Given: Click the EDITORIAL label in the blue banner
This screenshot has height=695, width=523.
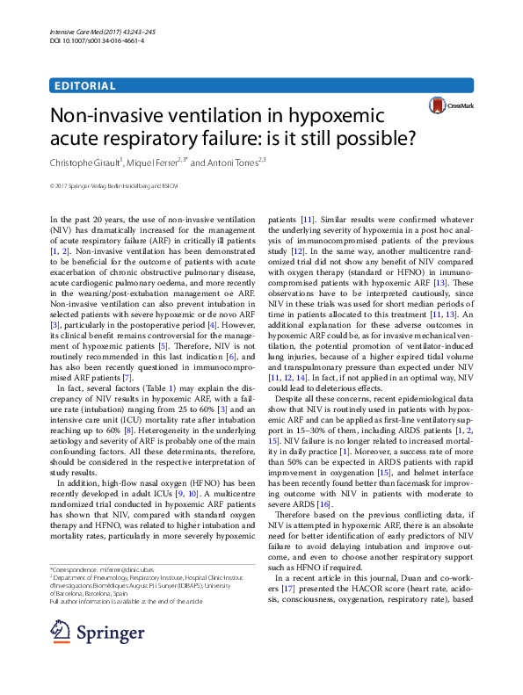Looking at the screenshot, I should pos(84,85).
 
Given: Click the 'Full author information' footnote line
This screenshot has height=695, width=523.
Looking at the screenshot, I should pos(127,600).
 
